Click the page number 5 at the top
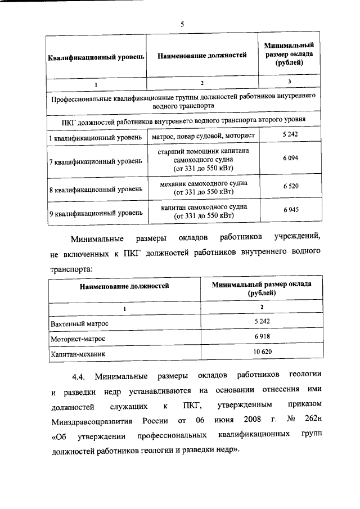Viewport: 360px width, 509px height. coord(182,24)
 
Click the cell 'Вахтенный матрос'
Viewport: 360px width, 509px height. coord(79,324)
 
